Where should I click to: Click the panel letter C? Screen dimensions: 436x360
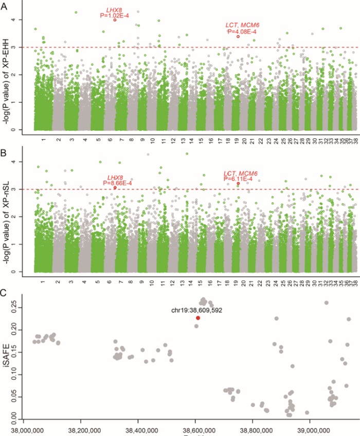(x=4, y=293)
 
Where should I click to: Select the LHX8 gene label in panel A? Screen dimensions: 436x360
(x=115, y=10)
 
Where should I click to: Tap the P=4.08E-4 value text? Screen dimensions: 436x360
(x=242, y=31)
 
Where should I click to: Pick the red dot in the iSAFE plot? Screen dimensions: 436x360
(x=198, y=318)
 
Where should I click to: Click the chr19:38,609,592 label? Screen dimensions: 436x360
(x=197, y=310)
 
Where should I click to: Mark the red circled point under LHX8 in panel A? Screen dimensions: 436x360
(x=115, y=20)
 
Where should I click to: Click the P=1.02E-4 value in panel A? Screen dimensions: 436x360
(x=115, y=16)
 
